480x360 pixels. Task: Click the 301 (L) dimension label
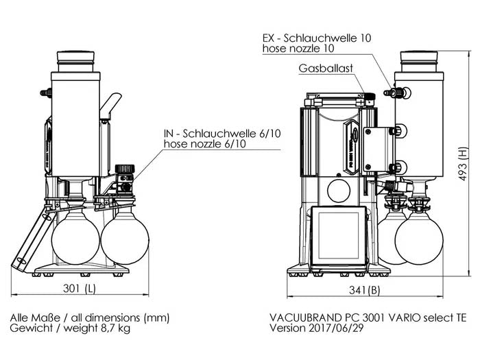pos(81,288)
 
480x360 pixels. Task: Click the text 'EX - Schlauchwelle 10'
pos(317,38)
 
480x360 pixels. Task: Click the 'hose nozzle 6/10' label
pos(204,144)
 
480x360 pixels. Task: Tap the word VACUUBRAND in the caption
pos(304,317)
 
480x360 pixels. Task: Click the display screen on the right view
pos(339,235)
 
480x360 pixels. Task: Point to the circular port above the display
pos(339,190)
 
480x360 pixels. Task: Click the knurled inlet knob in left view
pos(124,169)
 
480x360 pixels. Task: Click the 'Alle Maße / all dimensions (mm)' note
pos(89,317)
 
